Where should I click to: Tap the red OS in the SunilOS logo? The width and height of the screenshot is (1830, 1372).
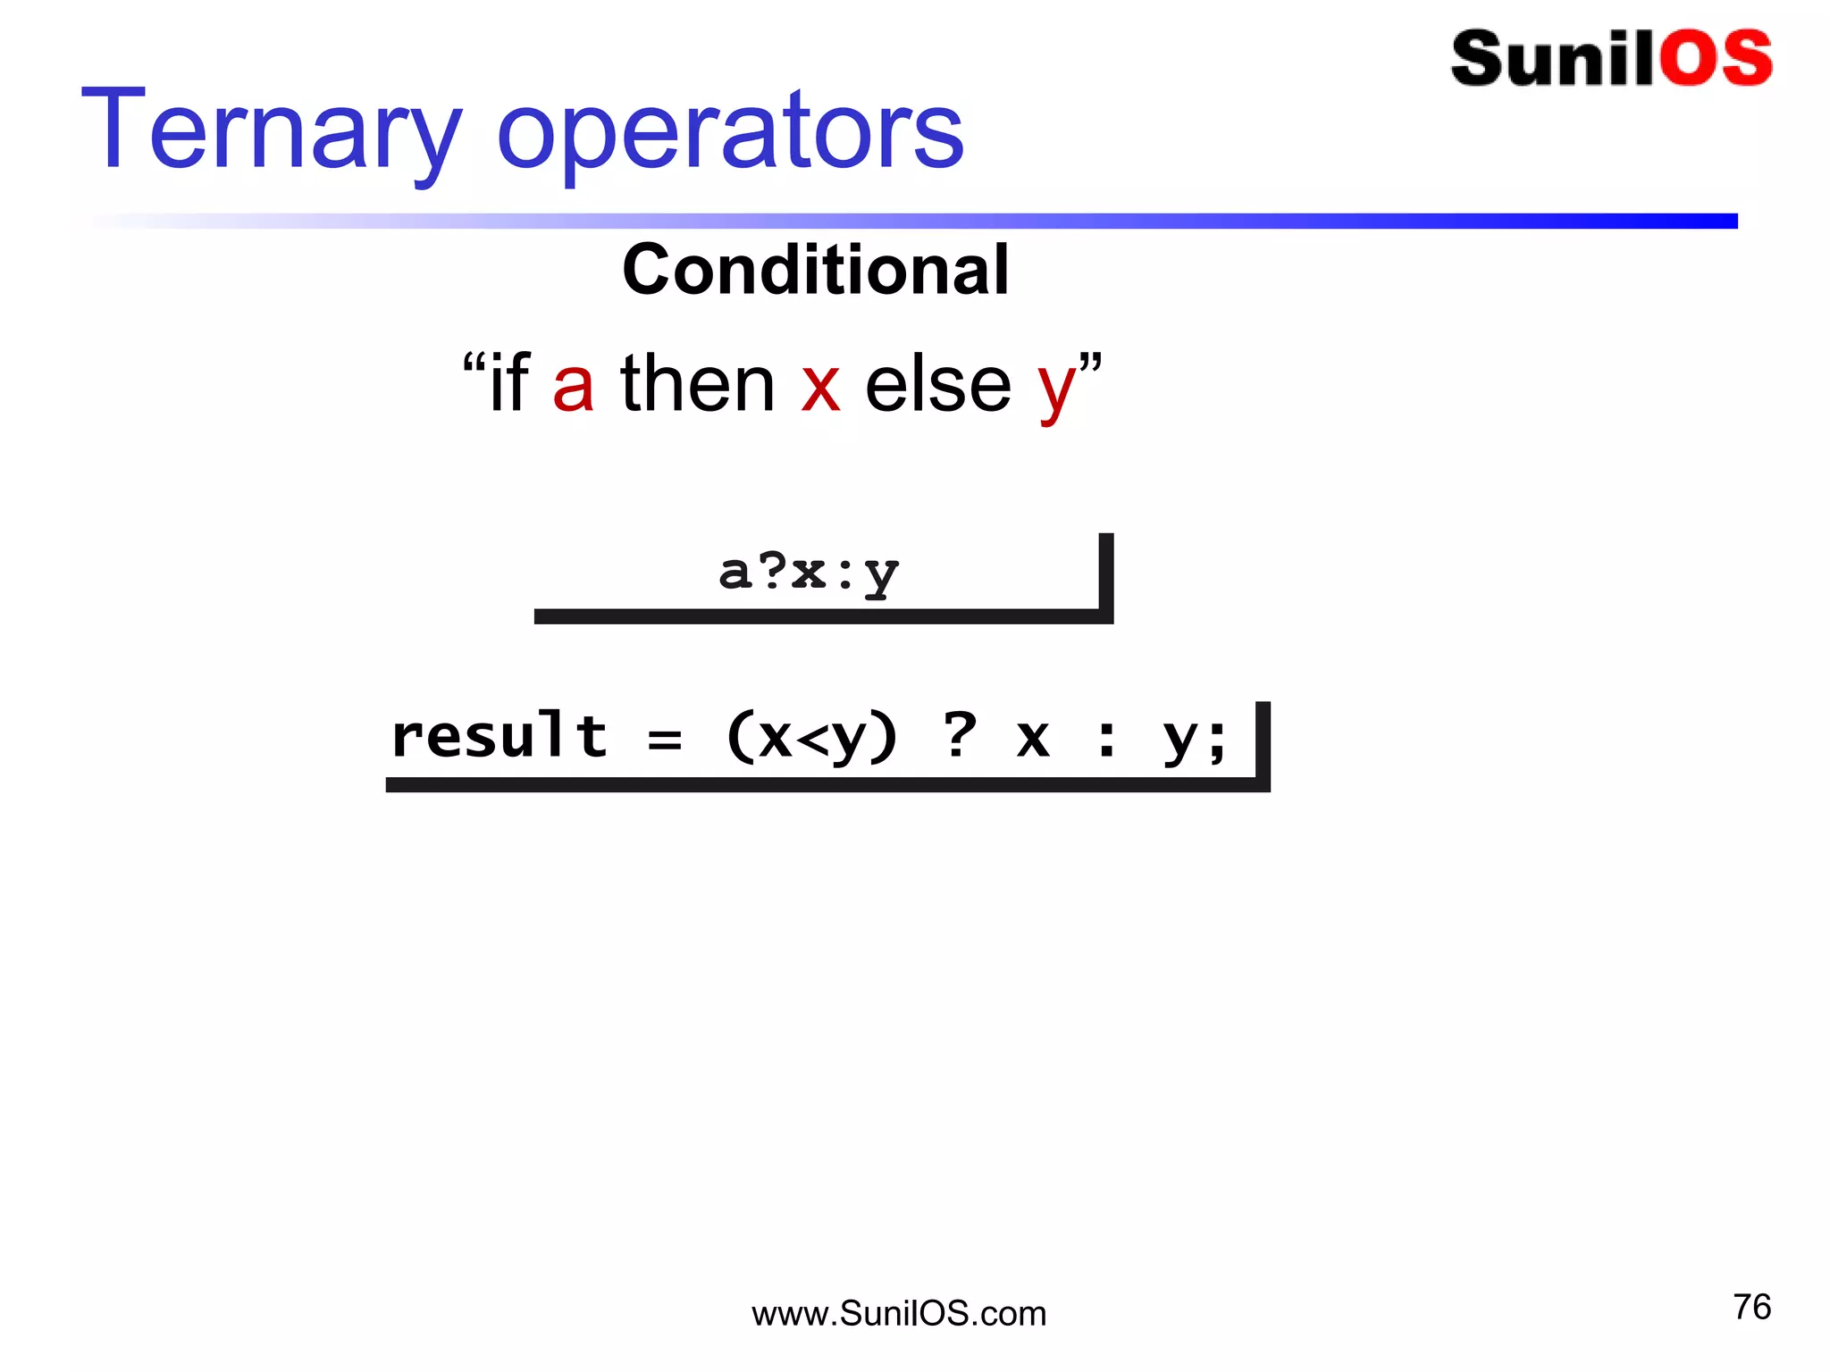point(1716,59)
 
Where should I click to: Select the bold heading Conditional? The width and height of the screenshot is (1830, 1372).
point(816,270)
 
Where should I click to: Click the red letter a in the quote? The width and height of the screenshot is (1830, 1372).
point(573,385)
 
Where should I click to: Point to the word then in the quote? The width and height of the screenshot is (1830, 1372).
point(698,383)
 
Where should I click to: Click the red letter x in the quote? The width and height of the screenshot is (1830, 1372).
point(820,387)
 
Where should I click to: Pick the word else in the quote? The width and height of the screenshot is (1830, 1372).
point(938,385)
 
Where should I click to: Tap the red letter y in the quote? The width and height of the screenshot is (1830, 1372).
point(1056,390)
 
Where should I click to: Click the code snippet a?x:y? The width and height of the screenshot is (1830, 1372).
point(809,573)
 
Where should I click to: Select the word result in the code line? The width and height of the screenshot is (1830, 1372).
point(499,737)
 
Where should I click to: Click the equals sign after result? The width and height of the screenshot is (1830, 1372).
point(665,740)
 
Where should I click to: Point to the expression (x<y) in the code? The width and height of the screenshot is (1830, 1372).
point(811,739)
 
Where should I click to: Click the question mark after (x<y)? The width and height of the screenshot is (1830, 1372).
point(960,735)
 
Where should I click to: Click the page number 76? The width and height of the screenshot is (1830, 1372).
point(1751,1307)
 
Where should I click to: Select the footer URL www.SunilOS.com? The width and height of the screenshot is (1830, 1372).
point(899,1314)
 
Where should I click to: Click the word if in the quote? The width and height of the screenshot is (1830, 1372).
point(509,383)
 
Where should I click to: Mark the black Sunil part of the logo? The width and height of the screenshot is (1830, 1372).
point(1553,59)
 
